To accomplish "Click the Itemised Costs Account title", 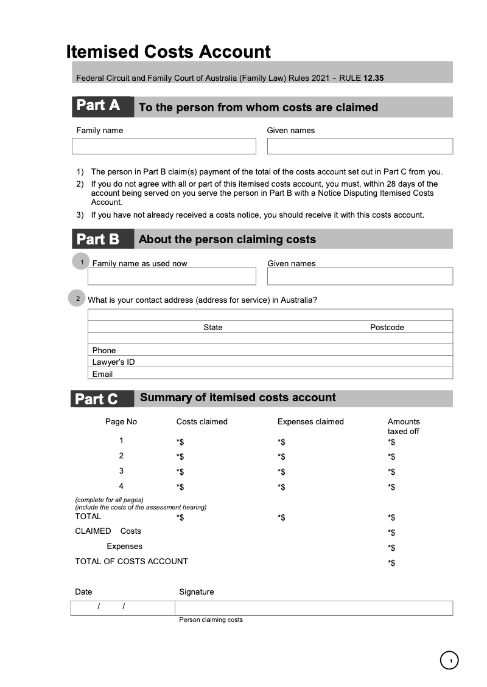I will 169,52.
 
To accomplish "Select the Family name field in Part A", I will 164,147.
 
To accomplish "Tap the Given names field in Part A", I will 360,147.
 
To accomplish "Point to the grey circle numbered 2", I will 77,299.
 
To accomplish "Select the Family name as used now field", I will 172,277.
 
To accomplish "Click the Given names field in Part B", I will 360,277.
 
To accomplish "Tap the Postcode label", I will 387,328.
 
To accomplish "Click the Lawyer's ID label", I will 113,362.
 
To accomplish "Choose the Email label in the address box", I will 102,374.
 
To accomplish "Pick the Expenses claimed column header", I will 310,422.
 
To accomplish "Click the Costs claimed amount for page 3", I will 180,472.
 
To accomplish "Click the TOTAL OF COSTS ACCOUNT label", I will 131,562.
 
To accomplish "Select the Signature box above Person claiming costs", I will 314,608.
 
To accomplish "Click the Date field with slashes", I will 122,608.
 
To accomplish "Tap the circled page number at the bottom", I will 449,660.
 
